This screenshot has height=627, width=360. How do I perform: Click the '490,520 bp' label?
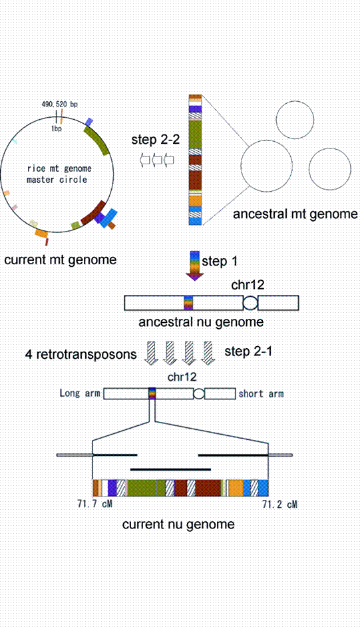pos(59,104)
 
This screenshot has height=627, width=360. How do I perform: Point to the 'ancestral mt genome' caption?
pos(295,214)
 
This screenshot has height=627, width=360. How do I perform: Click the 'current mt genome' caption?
pos(60,260)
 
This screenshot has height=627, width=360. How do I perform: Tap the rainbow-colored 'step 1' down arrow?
pos(194,265)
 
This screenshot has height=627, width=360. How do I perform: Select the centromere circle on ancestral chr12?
pos(250,304)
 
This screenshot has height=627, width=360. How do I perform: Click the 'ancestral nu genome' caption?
pos(201,322)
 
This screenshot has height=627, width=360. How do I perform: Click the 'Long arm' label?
pos(80,394)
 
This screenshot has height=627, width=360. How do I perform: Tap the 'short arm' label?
pos(261,394)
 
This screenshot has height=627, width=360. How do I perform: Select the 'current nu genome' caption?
pos(178,524)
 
